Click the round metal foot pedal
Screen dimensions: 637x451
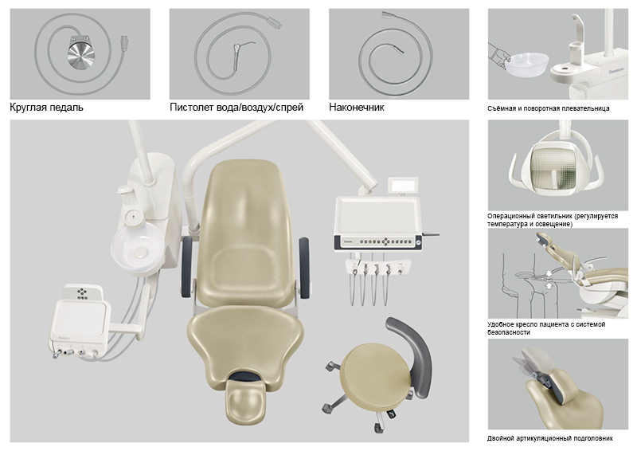[81, 53]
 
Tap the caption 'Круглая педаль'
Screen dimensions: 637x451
[46, 108]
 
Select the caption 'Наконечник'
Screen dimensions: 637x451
[356, 108]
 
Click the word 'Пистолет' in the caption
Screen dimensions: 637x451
[191, 108]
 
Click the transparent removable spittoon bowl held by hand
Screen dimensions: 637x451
[527, 65]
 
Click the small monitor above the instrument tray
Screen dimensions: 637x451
[402, 186]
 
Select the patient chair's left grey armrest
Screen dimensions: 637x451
[187, 266]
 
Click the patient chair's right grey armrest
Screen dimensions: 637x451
[305, 267]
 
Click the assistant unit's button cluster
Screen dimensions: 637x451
[83, 293]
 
